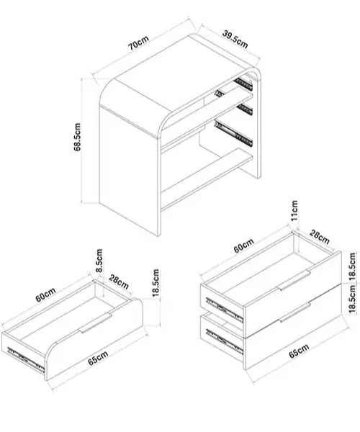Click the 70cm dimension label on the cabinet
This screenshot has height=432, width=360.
point(138,43)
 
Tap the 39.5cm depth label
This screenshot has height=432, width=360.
point(235,40)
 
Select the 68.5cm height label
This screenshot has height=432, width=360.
point(77,137)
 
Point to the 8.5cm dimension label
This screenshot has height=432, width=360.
point(99,261)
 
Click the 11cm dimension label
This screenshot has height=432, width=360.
point(294,210)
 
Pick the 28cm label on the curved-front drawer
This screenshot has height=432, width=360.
point(119,282)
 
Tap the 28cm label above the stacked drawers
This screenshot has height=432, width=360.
point(320,237)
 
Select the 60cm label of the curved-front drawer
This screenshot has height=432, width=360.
point(46,294)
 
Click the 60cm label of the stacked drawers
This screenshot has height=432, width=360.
point(244,246)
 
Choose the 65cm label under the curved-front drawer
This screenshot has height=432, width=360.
point(98,358)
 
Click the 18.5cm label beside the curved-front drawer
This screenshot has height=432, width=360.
point(156,283)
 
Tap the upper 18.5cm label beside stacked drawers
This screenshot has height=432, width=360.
point(352,266)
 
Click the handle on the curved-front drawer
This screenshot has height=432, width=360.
point(95,323)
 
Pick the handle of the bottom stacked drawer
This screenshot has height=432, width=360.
point(294,312)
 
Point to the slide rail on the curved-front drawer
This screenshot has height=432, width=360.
point(26,360)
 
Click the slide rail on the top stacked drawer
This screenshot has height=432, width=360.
point(225,310)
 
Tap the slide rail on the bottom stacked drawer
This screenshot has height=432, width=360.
point(225,341)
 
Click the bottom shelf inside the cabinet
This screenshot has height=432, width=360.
point(207,179)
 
